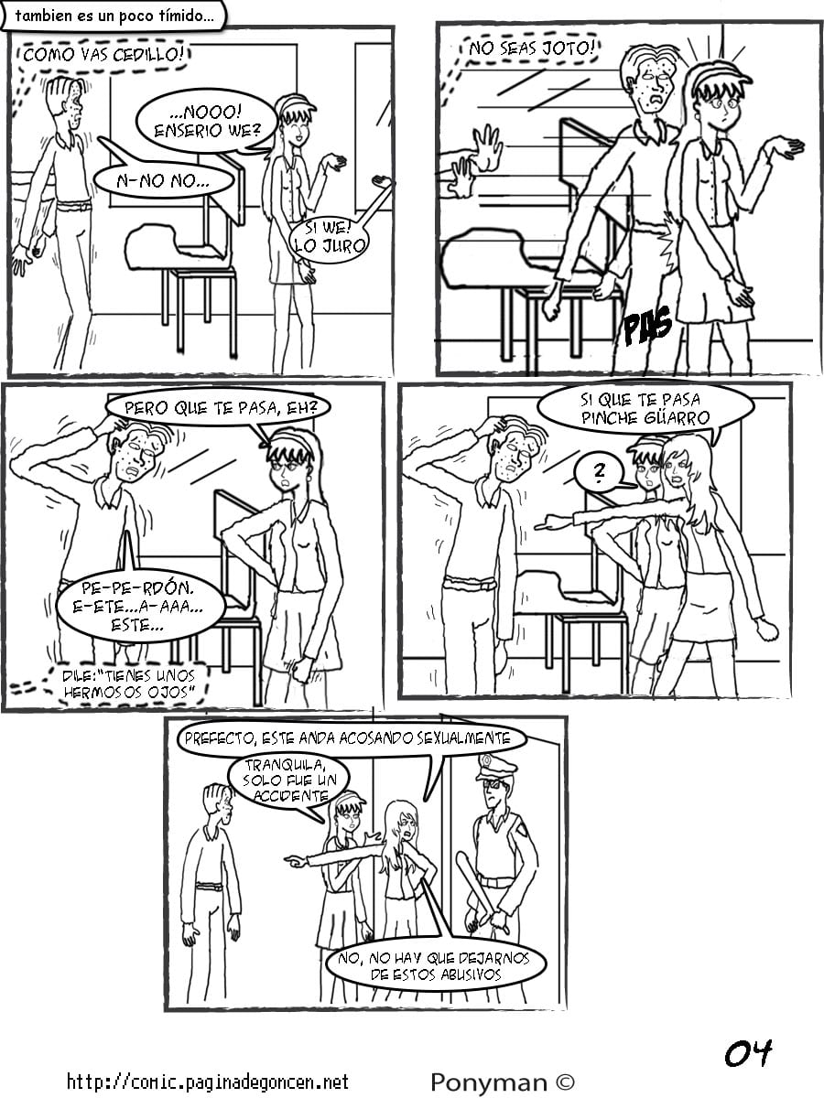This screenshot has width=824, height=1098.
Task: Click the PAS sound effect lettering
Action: point(648,325)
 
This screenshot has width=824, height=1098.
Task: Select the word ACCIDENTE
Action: point(290,795)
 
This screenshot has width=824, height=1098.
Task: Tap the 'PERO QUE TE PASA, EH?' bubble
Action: point(220,408)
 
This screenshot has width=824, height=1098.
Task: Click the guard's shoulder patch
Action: point(524,831)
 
